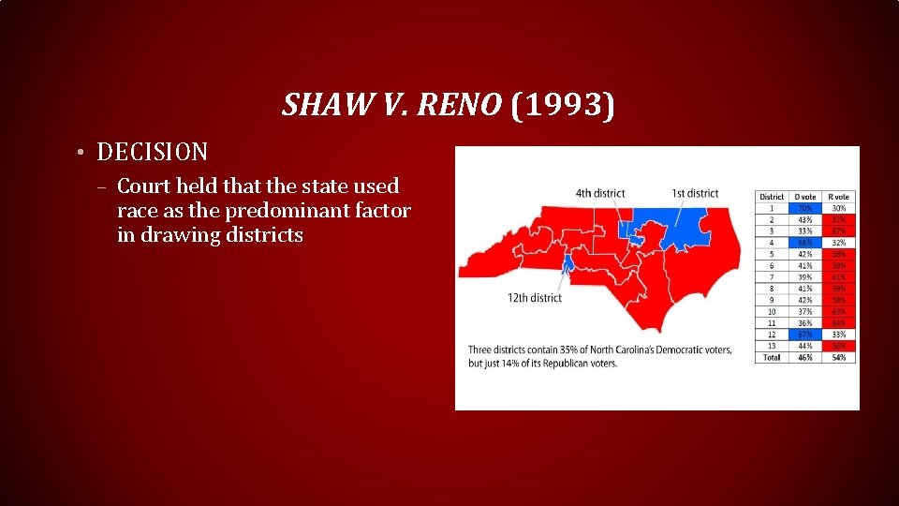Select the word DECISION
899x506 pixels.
click(153, 151)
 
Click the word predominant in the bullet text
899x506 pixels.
click(290, 211)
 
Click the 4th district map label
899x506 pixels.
click(600, 194)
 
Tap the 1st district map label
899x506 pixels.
click(695, 194)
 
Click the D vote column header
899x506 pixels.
click(804, 197)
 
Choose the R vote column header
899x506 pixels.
click(839, 197)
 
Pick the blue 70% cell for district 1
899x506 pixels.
click(804, 208)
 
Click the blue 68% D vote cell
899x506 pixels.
click(804, 243)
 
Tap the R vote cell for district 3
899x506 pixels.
click(839, 231)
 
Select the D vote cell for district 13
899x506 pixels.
click(804, 346)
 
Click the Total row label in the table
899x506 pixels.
click(772, 357)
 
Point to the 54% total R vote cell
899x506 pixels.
click(839, 357)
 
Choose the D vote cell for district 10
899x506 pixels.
click(804, 311)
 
